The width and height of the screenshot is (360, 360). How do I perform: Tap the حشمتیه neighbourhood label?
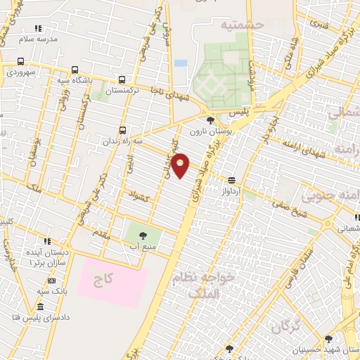(241, 25)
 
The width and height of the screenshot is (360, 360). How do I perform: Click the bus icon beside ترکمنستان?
(122, 80)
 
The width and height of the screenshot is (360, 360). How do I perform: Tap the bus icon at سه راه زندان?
(123, 130)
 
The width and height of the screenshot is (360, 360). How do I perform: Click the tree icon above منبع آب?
(143, 236)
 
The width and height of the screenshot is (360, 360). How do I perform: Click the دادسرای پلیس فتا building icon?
(40, 307)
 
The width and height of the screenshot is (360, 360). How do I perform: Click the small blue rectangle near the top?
(181, 63)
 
